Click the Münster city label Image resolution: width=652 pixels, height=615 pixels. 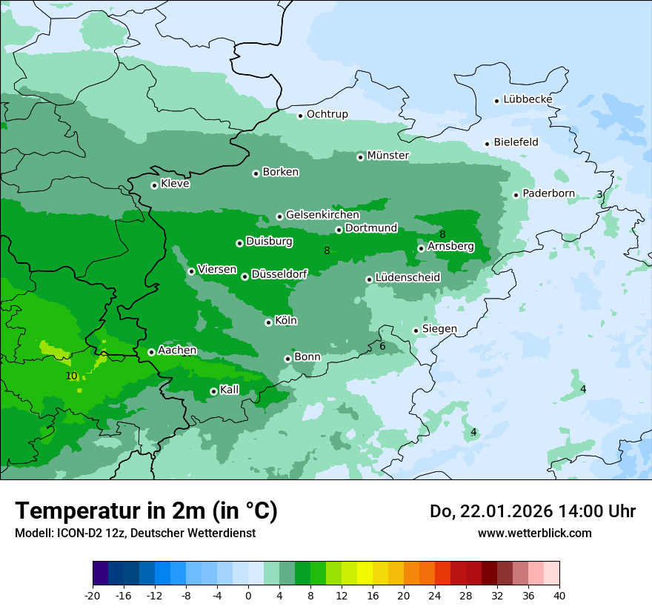pyautogui.click(x=387, y=156)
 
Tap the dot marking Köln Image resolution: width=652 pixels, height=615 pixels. pyautogui.click(x=268, y=322)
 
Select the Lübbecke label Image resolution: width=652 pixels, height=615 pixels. pyautogui.click(x=528, y=99)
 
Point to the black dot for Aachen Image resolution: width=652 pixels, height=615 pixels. pyautogui.click(x=151, y=352)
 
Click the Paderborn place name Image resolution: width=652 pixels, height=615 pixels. pyautogui.click(x=548, y=193)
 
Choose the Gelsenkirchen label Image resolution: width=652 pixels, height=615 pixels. pyautogui.click(x=322, y=215)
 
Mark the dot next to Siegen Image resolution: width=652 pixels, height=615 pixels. pyautogui.click(x=416, y=330)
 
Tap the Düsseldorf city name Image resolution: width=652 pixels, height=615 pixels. pyautogui.click(x=279, y=274)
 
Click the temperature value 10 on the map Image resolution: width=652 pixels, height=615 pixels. pyautogui.click(x=71, y=376)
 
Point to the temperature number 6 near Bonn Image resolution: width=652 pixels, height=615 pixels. pyautogui.click(x=382, y=346)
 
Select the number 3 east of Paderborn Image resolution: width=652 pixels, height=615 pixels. pyautogui.click(x=599, y=194)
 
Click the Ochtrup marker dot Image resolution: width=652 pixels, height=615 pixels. pyautogui.click(x=300, y=116)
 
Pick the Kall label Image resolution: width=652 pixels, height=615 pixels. pyautogui.click(x=230, y=390)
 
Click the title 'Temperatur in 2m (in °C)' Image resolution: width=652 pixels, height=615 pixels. pyautogui.click(x=146, y=511)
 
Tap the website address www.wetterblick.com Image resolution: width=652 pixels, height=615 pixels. pyautogui.click(x=534, y=533)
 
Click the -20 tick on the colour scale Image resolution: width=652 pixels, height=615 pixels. pyautogui.click(x=93, y=596)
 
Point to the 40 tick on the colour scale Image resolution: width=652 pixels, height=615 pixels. pyautogui.click(x=559, y=596)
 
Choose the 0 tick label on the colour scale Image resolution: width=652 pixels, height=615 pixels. pyautogui.click(x=248, y=596)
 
